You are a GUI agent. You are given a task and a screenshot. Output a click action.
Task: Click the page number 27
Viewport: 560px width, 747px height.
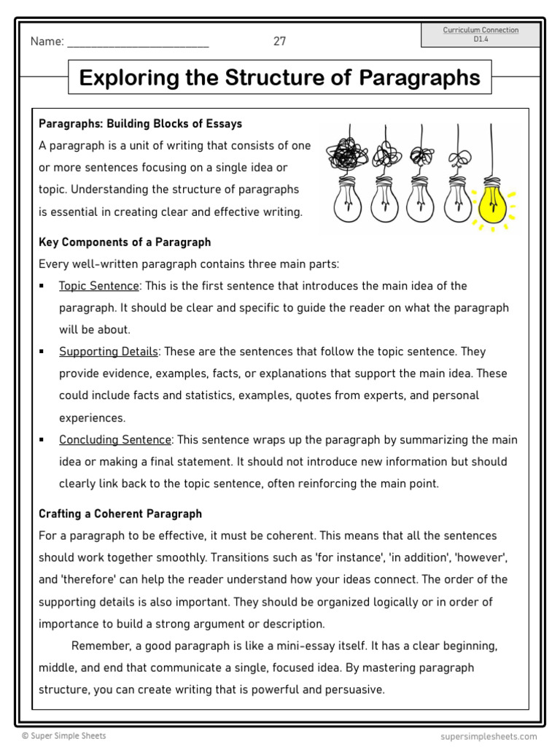(280, 42)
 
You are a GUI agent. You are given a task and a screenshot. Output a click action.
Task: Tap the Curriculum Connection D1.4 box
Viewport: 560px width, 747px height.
(481, 34)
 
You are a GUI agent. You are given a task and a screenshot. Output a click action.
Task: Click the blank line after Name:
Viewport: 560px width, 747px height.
(138, 42)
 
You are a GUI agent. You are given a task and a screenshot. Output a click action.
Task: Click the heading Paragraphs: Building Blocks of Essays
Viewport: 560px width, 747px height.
(140, 124)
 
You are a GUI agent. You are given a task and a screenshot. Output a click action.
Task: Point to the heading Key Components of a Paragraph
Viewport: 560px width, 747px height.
(125, 242)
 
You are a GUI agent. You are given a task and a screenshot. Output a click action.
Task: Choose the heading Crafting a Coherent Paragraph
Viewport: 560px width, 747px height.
(120, 514)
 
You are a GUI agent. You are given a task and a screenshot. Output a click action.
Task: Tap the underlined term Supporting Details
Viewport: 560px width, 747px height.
(109, 352)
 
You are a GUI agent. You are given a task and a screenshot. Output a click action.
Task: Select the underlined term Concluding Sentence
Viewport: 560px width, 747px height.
(115, 440)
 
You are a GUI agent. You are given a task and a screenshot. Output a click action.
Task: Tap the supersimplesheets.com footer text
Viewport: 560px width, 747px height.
(489, 737)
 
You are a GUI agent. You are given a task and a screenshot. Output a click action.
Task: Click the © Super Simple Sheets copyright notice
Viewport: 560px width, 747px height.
(63, 736)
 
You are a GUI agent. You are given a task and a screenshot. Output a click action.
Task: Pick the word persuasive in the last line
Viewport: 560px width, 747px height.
(356, 689)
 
